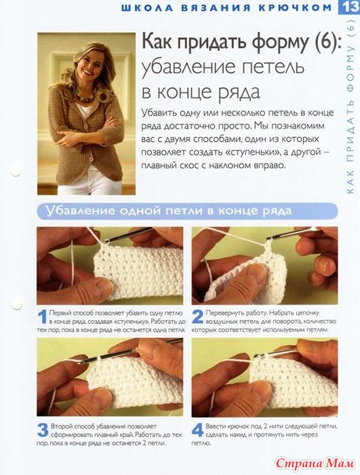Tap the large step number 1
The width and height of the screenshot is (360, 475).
pos(42,317)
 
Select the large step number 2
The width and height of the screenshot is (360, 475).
pos(198,317)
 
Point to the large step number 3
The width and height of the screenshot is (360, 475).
pos(43,430)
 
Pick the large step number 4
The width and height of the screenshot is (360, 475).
pos(198,430)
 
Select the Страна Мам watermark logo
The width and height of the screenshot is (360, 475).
pos(315,463)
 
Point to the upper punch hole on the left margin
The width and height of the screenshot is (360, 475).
pos(16,171)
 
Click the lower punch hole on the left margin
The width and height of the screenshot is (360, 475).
pos(16,304)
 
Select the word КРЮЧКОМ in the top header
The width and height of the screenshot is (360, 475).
pos(295,8)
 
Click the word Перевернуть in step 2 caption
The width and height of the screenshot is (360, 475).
pos(221,313)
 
